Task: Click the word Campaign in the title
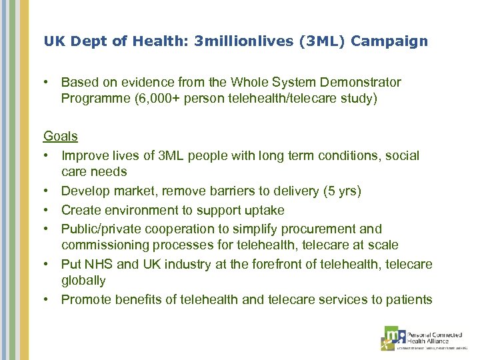pos(389,41)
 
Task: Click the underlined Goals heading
pos(61,136)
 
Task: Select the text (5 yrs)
pos(341,191)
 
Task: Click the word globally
pos(83,281)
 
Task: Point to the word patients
pos(408,299)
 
